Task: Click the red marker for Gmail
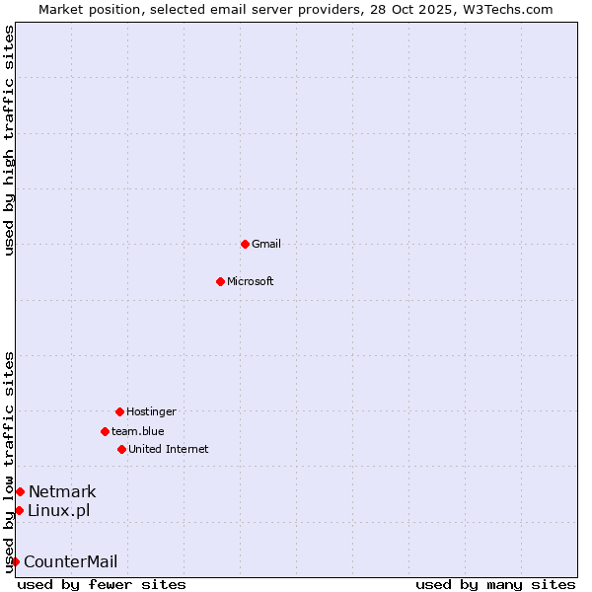click(x=245, y=244)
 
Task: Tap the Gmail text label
click(x=266, y=244)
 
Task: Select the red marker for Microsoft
click(x=220, y=281)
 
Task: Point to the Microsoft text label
click(x=251, y=281)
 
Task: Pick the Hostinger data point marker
click(x=119, y=411)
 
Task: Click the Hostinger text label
click(x=151, y=411)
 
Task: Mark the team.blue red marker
click(x=105, y=431)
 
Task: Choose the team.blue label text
click(x=138, y=431)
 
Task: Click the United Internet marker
click(x=121, y=449)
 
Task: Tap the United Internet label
click(x=169, y=449)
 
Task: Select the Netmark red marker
click(x=20, y=491)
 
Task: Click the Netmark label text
click(x=62, y=491)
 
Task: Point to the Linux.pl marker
click(x=19, y=510)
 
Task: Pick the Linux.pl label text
click(x=58, y=510)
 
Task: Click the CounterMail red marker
click(x=15, y=561)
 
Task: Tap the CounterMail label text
click(x=70, y=561)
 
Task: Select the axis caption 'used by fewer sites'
click(x=102, y=584)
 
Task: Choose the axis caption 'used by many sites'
click(x=495, y=584)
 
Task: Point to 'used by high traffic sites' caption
click(x=9, y=140)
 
